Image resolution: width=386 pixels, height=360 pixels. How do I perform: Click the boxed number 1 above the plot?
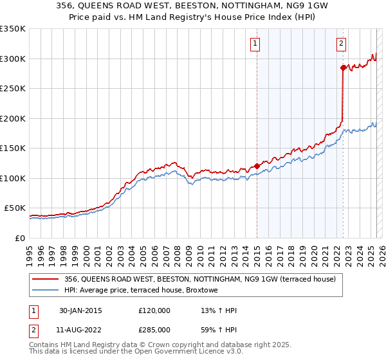pyautogui.click(x=255, y=44)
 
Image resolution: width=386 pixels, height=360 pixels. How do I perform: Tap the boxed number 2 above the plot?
pyautogui.click(x=341, y=44)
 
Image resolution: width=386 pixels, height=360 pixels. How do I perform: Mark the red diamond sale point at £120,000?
pyautogui.click(x=257, y=166)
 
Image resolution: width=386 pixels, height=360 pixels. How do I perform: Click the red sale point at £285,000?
pyautogui.click(x=343, y=67)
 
